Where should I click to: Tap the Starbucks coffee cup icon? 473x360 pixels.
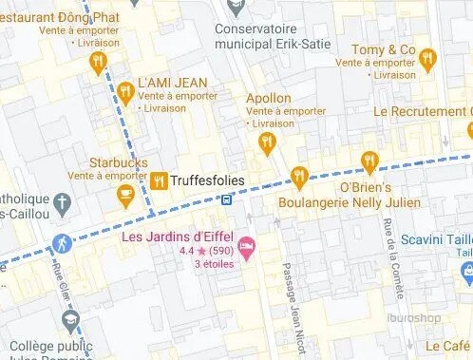coord(124,195)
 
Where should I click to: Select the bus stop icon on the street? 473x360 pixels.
coord(226,199)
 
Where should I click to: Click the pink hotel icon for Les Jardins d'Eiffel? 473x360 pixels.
coord(246,249)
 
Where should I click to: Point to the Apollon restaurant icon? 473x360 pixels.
coord(267,142)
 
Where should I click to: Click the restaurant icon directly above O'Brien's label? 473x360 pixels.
coord(369,161)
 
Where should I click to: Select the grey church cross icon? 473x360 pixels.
coord(62,202)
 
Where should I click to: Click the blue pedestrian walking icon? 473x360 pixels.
coord(62,243)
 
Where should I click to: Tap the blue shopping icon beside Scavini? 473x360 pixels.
coord(465,275)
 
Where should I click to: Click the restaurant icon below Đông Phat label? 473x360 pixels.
coord(96,63)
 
